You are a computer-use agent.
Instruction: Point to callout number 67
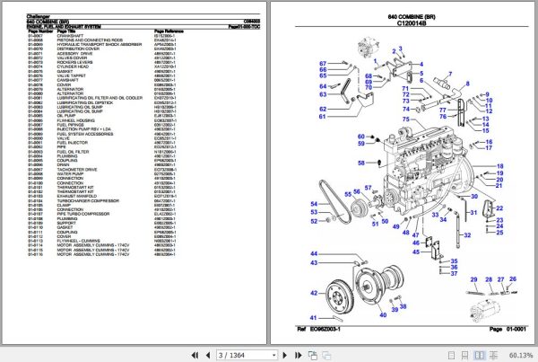tap(321, 62)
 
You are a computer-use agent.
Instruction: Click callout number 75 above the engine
tap(405, 119)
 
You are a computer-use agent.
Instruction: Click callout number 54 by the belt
tap(315, 204)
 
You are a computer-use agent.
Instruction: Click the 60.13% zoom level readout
tap(519, 356)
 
